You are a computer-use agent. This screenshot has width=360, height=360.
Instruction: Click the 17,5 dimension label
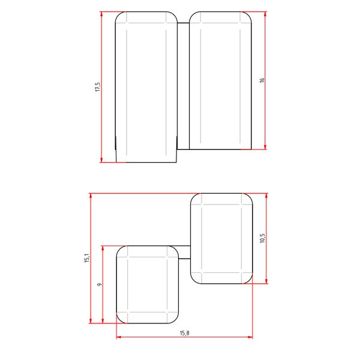point(97,87)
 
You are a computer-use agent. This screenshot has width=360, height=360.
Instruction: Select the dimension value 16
point(262,80)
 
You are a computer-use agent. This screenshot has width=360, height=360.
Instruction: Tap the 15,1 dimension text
point(86,258)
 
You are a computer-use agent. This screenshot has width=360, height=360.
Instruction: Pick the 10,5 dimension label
point(262,238)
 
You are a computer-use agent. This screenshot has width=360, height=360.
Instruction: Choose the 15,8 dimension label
point(184,333)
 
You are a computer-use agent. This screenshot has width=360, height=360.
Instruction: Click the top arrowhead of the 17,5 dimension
point(101,14)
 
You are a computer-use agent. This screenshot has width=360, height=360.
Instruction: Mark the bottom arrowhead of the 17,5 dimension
point(101,160)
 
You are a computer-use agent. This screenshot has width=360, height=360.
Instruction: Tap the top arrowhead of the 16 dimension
point(265,14)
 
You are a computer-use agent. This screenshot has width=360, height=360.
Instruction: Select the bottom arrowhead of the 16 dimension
point(265,147)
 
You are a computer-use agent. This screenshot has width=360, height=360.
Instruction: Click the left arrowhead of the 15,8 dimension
point(119,337)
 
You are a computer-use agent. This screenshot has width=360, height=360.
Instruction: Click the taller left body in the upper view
point(146,87)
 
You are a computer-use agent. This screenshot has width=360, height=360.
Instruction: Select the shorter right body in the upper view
point(221,80)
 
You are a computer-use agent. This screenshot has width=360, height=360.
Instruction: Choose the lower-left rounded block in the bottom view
point(147,284)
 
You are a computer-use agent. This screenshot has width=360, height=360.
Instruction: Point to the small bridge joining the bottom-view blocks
point(185,252)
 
